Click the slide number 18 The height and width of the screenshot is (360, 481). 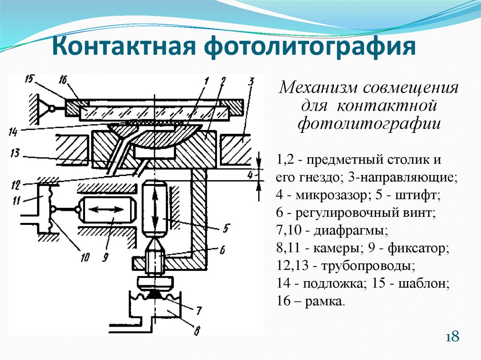(x=452, y=337)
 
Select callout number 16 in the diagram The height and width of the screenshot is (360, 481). (x=64, y=81)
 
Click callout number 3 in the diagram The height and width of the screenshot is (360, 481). (x=251, y=83)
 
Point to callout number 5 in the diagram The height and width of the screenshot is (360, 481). (x=225, y=229)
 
